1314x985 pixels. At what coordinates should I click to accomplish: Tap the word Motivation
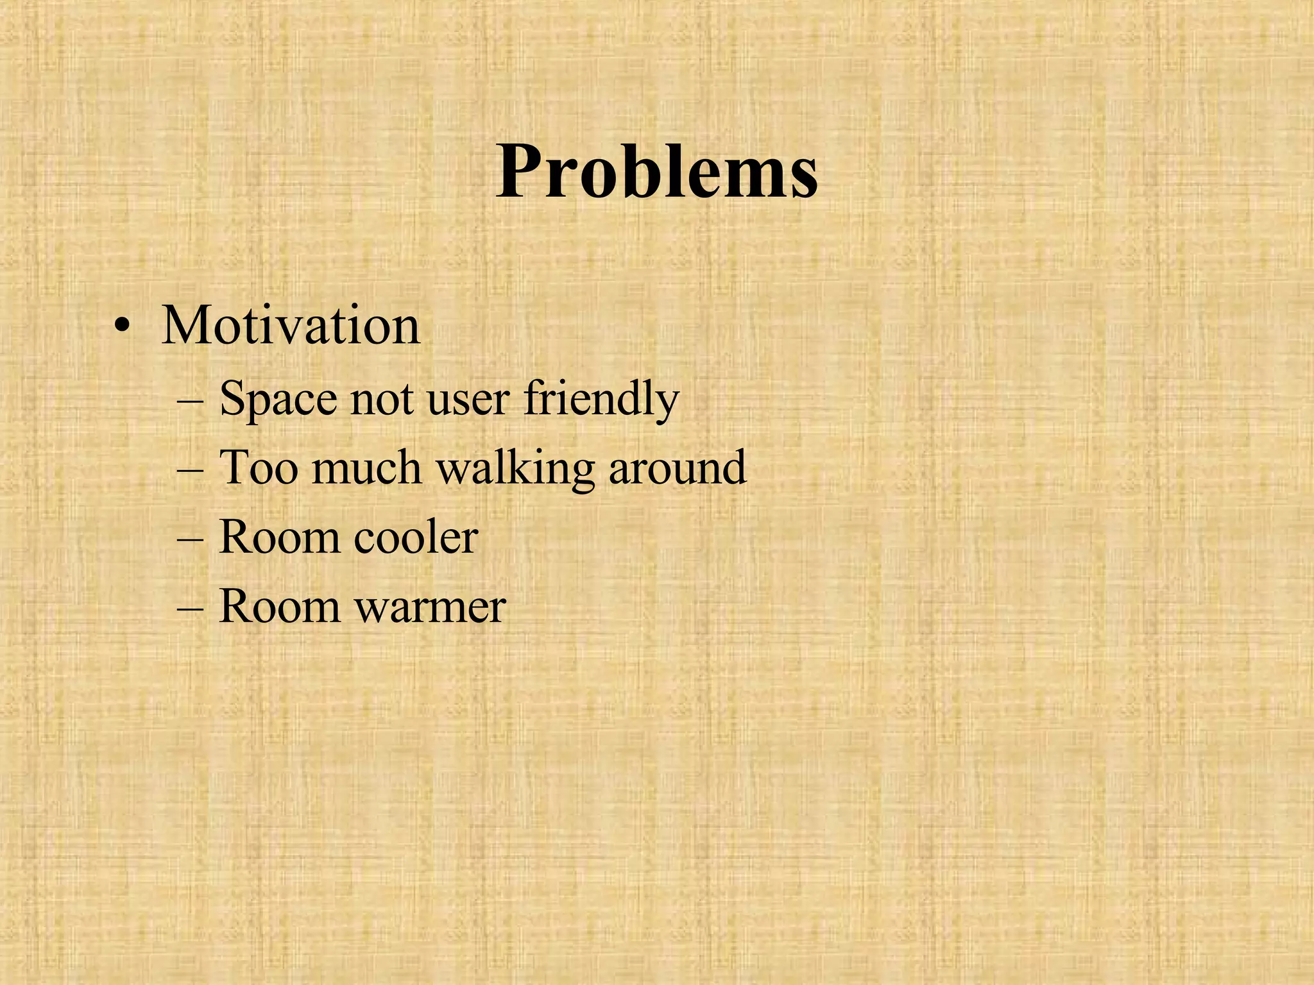point(291,326)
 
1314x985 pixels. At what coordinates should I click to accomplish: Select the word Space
point(278,400)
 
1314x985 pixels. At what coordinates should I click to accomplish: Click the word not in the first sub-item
point(382,400)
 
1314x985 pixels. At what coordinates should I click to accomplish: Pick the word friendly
point(601,400)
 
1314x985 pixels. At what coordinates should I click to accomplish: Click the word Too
point(259,467)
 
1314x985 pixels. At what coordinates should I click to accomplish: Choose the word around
point(678,467)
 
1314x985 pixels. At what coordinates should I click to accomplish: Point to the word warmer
point(431,606)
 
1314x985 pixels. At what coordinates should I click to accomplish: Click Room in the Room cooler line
point(279,537)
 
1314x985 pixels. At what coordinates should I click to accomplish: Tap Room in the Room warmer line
point(279,606)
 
